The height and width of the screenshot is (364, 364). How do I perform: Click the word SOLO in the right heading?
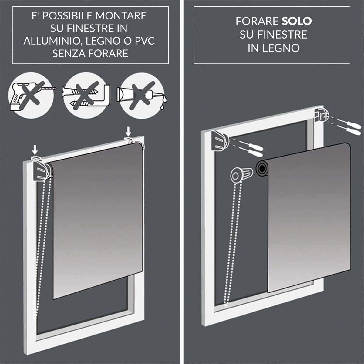tap(297, 21)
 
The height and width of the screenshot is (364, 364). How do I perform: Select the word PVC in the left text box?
tap(144, 41)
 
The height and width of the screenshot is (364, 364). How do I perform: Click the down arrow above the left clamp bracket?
tap(35, 149)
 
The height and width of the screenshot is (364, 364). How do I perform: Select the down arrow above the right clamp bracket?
tap(129, 131)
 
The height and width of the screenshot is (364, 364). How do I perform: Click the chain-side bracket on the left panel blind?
tap(41, 172)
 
